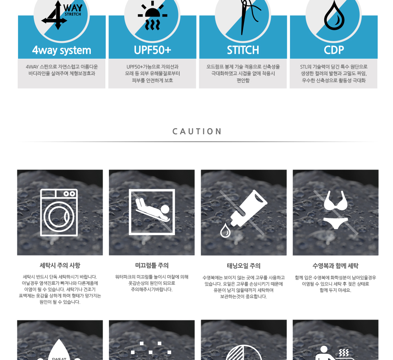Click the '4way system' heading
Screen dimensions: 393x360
click(62, 50)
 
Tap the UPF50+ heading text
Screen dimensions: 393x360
click(152, 50)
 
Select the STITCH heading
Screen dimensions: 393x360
click(243, 50)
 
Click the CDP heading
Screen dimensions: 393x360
click(334, 50)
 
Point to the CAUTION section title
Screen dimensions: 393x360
click(197, 132)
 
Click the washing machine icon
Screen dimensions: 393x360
click(59, 212)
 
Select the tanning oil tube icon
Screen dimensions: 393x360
click(249, 208)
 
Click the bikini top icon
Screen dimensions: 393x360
click(336, 201)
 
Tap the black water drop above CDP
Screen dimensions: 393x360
click(334, 16)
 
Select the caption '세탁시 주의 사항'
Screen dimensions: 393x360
click(60, 265)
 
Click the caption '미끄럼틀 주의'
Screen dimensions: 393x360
click(152, 265)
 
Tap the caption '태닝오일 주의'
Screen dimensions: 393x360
click(244, 266)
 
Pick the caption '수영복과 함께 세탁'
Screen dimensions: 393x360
click(335, 266)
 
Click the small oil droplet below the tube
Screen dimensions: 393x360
click(225, 230)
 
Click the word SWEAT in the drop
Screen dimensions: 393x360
click(59, 358)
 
